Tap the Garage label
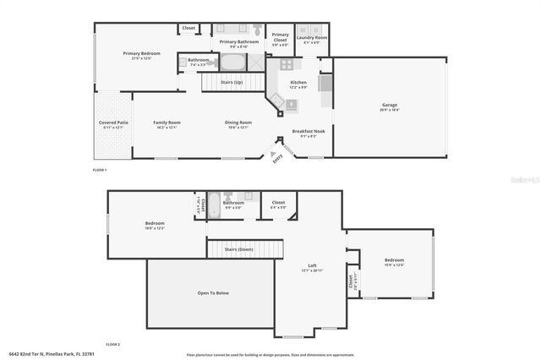click(x=390, y=106)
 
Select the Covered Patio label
click(x=113, y=123)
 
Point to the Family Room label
click(x=167, y=123)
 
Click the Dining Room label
click(x=238, y=123)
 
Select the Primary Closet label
click(x=280, y=37)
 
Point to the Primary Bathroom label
click(x=239, y=41)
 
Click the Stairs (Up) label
click(x=232, y=82)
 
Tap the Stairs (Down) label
click(x=238, y=249)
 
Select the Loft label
click(x=313, y=266)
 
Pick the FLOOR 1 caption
click(x=101, y=171)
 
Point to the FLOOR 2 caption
click(x=113, y=345)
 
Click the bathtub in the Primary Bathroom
click(x=230, y=63)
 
